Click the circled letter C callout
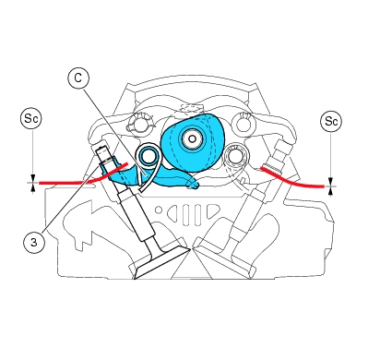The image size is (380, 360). pos(78,78)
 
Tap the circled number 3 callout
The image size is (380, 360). pos(34,242)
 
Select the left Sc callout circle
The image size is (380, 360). pos(31,118)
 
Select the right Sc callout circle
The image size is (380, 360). pos(331,121)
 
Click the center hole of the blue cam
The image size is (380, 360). pos(192,139)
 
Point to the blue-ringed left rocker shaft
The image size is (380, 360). pos(148,157)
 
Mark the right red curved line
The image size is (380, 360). pos(292,180)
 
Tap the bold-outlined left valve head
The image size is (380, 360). pos(162,264)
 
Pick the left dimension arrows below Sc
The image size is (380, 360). pos(32,184)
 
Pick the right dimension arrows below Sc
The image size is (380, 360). pos(330,186)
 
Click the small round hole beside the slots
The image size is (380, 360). pos(159,210)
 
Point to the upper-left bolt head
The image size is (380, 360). pos(140,124)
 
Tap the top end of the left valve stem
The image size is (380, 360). pos(101,150)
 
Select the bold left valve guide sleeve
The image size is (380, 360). pos(137,215)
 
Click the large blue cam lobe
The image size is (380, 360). pos(193,143)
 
